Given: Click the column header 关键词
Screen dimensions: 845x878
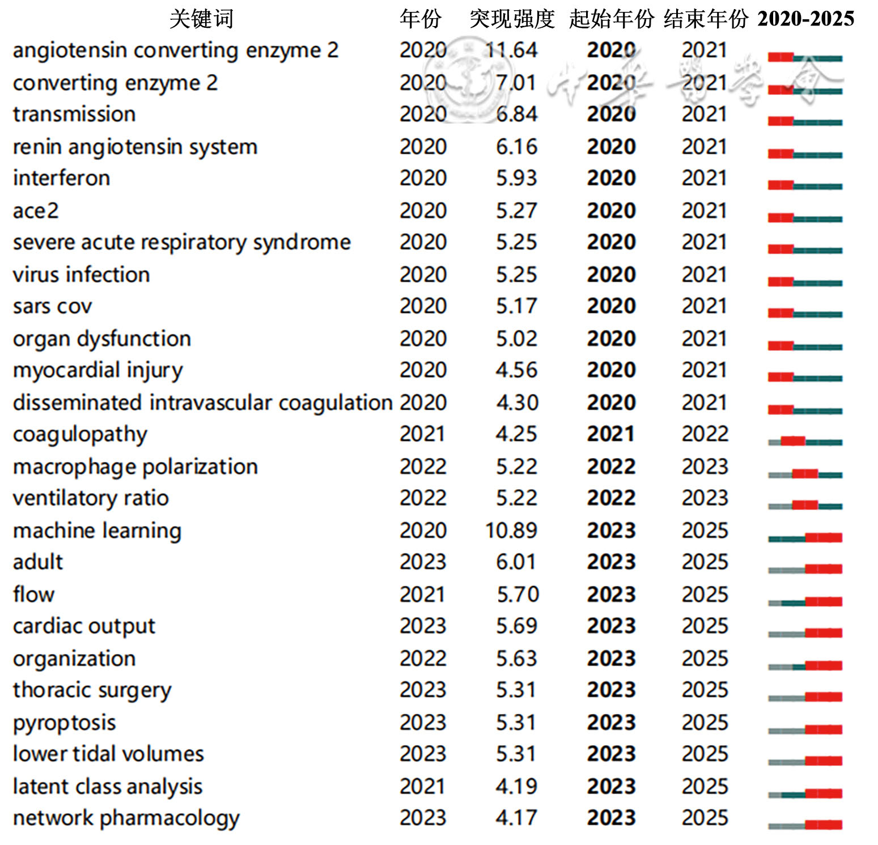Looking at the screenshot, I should [201, 19].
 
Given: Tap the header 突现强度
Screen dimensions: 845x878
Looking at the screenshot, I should [512, 19].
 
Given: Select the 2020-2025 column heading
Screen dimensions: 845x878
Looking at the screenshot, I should [805, 19].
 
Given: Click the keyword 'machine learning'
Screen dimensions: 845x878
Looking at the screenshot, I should [97, 531].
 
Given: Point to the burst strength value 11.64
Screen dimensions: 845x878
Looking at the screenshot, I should [511, 50].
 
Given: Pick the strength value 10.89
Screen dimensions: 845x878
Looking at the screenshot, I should [511, 531].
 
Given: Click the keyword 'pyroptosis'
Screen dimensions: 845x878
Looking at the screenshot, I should [64, 723].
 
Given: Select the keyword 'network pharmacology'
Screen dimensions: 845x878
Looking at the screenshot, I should [126, 818].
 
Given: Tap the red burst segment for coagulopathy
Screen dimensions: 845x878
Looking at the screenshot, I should [793, 441].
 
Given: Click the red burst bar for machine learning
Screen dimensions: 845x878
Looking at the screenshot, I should [824, 537].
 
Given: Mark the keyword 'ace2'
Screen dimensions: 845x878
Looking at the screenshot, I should [36, 211].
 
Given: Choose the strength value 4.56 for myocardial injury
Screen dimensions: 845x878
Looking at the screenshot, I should [516, 371].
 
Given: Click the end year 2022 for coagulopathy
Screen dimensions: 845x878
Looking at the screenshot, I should [705, 435].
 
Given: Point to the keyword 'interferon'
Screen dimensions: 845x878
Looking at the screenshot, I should [61, 179].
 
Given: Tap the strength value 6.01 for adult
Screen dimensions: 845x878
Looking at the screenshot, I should [516, 562].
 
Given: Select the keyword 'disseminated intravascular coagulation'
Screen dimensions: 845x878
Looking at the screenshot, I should [202, 403].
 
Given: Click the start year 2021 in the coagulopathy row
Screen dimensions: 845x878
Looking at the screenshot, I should [611, 435].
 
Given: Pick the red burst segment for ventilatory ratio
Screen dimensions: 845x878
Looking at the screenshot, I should [805, 505].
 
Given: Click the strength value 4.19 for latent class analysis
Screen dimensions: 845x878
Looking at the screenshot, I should [516, 787].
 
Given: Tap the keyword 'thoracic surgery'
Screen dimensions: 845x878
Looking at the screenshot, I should [92, 691].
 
